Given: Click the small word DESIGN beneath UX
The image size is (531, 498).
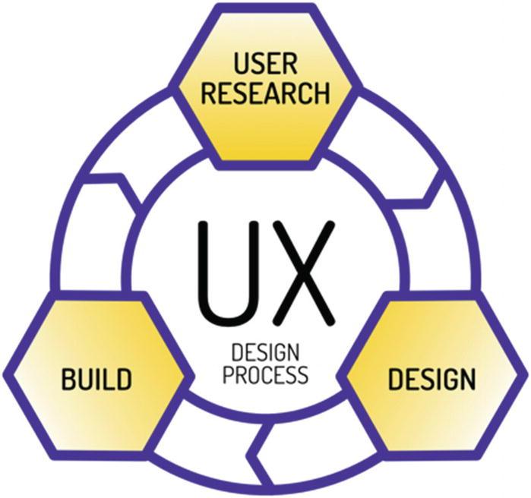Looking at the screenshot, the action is tap(264, 354).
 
